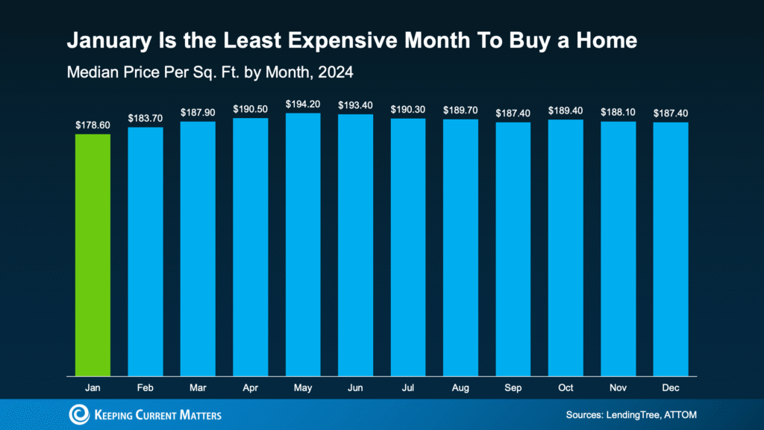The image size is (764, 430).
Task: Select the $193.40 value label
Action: (x=355, y=105)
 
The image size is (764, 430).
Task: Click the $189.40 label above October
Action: (x=566, y=110)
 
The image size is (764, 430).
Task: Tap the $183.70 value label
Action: (x=145, y=118)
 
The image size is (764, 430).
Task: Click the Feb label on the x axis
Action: (x=145, y=388)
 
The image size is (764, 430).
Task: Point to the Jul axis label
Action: (x=408, y=388)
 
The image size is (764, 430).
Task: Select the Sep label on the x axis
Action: (x=513, y=388)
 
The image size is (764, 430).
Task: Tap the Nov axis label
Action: (x=619, y=388)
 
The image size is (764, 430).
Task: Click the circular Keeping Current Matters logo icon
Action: (x=78, y=414)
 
